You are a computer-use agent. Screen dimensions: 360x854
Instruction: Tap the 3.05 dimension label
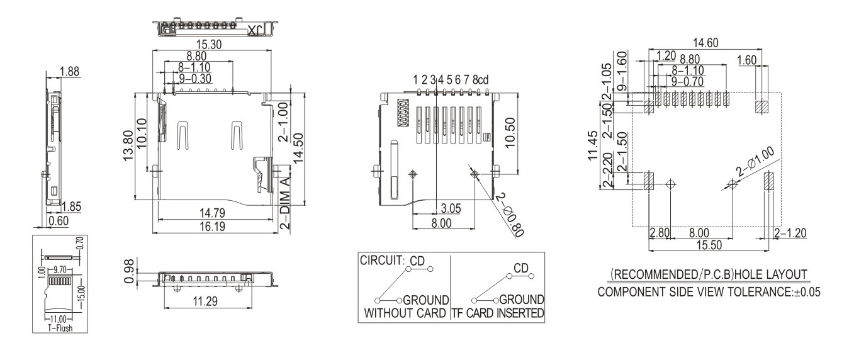pyautogui.click(x=452, y=208)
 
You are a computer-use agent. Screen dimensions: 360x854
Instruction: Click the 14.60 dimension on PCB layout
pyautogui.click(x=705, y=43)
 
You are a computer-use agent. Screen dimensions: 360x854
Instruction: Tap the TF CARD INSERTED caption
pyautogui.click(x=497, y=313)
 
